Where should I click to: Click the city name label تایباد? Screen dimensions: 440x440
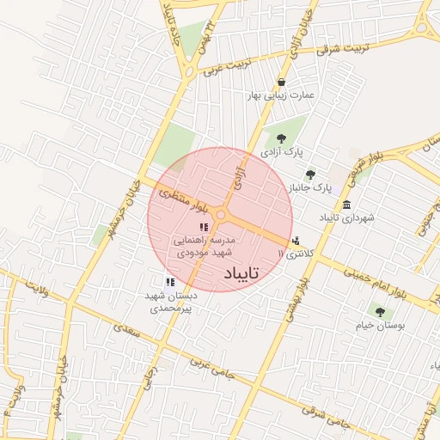[247, 274]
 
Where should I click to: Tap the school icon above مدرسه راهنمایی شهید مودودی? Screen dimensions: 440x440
[203, 228]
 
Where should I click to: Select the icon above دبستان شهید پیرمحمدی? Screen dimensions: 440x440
[170, 281]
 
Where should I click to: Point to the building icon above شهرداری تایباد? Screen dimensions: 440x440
[346, 205]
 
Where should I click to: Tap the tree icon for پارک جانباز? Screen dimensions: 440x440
[311, 174]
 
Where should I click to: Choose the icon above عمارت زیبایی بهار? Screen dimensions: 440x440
[281, 82]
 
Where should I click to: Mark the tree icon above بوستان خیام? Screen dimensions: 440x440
[380, 312]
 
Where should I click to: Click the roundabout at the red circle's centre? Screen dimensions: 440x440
[221, 215]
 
